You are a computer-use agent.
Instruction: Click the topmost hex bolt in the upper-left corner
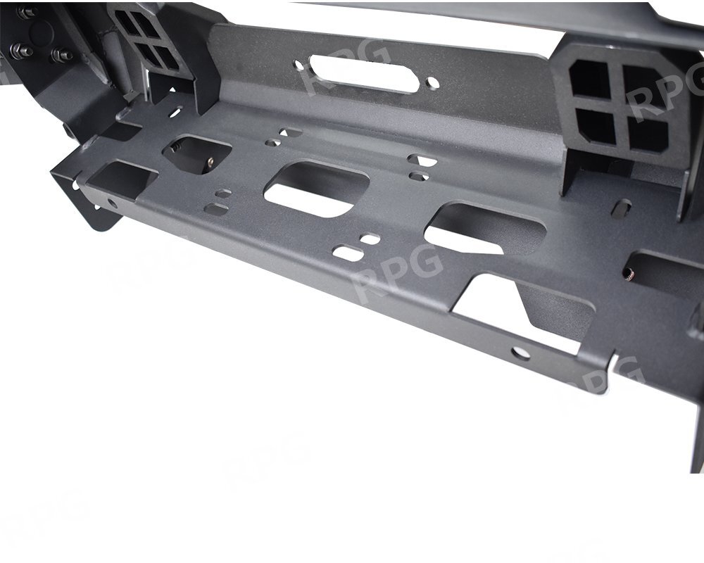click(25, 13)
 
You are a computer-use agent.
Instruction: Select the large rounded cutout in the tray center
click(316, 189)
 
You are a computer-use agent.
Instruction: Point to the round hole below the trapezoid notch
click(520, 354)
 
